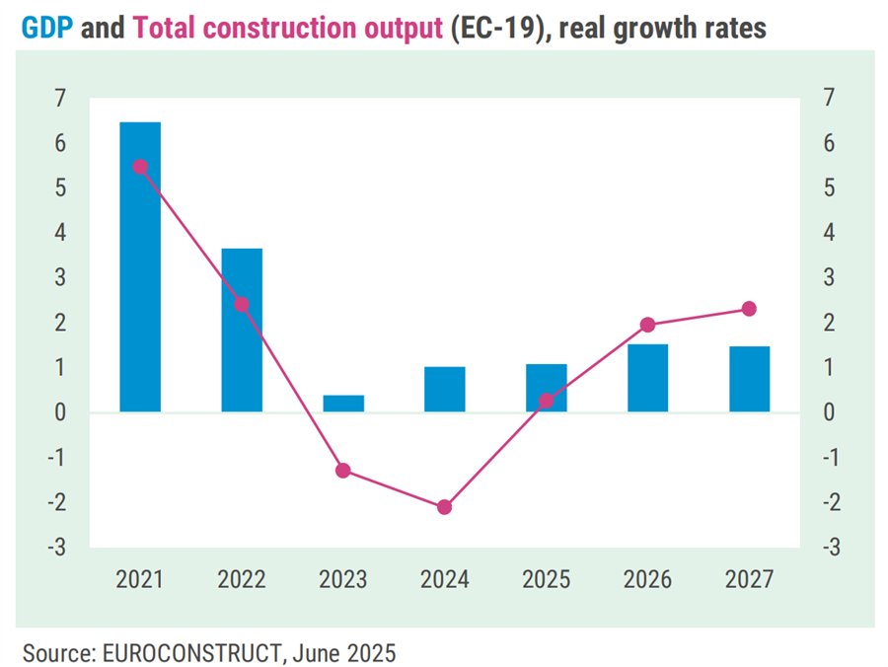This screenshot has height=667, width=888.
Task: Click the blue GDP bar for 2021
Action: (x=140, y=266)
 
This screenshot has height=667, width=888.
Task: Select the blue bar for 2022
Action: (x=242, y=330)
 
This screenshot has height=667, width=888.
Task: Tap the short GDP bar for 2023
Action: (x=343, y=403)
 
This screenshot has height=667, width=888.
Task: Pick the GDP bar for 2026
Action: (x=647, y=377)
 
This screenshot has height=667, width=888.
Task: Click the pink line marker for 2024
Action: (x=445, y=507)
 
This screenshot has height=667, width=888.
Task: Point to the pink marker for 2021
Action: (x=140, y=167)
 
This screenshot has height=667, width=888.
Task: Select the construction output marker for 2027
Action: (x=749, y=309)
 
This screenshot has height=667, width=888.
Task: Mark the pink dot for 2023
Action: (x=343, y=471)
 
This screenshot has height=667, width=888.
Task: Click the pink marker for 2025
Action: (x=547, y=401)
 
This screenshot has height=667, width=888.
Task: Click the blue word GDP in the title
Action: (x=46, y=29)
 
